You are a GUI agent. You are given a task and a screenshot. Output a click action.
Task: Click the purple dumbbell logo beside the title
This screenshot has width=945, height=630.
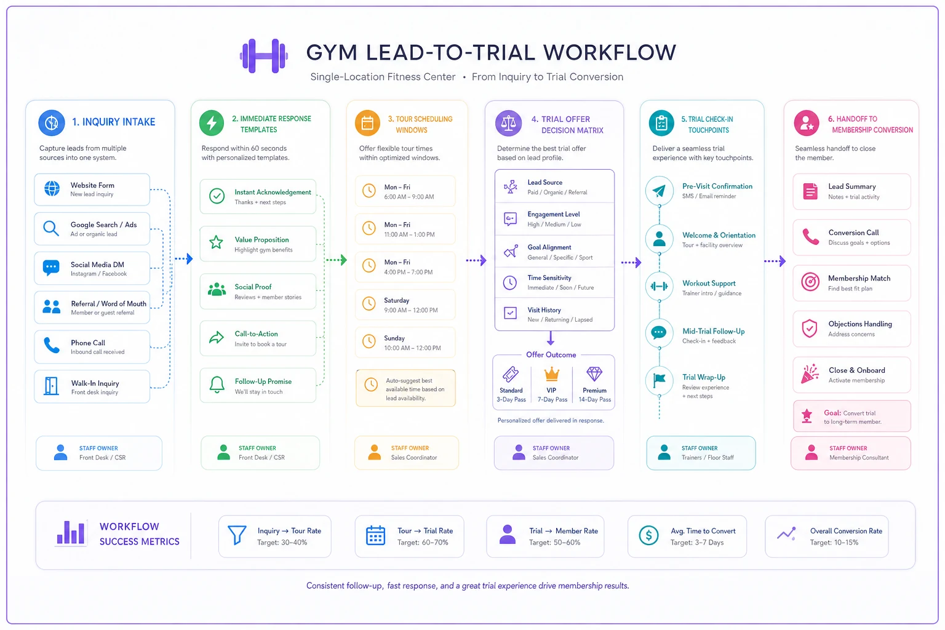(264, 56)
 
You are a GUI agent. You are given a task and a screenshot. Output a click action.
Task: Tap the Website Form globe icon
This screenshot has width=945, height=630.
(52, 189)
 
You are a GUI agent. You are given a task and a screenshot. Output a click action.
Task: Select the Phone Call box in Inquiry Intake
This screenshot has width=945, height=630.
(92, 347)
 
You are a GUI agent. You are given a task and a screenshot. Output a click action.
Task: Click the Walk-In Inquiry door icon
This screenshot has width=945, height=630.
(51, 386)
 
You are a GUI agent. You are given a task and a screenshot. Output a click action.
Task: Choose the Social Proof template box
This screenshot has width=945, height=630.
(258, 291)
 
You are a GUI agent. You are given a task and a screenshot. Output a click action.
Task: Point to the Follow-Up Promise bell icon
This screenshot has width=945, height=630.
(217, 385)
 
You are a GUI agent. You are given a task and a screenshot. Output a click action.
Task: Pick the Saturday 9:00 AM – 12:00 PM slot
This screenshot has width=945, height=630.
(405, 305)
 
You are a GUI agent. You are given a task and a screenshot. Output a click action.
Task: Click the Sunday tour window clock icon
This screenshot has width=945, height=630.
(369, 341)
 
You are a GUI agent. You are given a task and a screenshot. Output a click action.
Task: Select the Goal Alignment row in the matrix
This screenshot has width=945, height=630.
(554, 252)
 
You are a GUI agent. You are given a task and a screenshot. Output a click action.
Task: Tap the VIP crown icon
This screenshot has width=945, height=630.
(551, 374)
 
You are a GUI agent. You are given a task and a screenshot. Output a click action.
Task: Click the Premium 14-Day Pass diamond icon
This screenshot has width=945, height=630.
(594, 374)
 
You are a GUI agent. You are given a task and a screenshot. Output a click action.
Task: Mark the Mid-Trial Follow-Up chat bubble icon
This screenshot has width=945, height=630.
(659, 333)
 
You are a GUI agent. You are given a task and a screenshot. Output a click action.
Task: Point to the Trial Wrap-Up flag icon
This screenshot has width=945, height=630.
(660, 380)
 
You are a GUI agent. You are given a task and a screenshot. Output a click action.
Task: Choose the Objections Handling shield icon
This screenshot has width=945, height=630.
(810, 329)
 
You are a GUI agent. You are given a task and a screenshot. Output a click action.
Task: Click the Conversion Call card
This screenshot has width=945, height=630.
(851, 237)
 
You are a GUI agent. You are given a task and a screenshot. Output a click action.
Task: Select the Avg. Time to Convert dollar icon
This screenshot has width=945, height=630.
(649, 535)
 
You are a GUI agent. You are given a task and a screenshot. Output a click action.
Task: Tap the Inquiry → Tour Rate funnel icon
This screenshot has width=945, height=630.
(237, 535)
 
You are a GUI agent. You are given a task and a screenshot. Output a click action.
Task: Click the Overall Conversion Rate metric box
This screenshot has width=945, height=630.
(826, 536)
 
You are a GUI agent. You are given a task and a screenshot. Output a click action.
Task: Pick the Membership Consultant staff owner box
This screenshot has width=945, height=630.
(850, 453)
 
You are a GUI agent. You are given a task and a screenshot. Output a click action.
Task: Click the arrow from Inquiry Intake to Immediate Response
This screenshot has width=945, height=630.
(184, 258)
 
